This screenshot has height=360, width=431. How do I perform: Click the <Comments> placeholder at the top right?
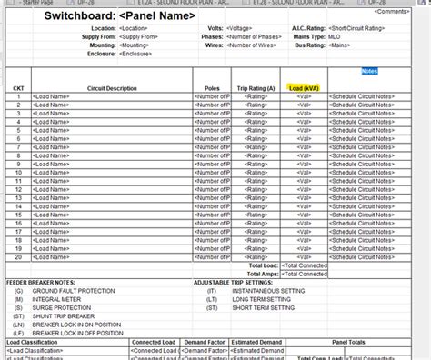click(x=406, y=11)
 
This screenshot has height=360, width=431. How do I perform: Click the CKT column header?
click(x=18, y=88)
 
